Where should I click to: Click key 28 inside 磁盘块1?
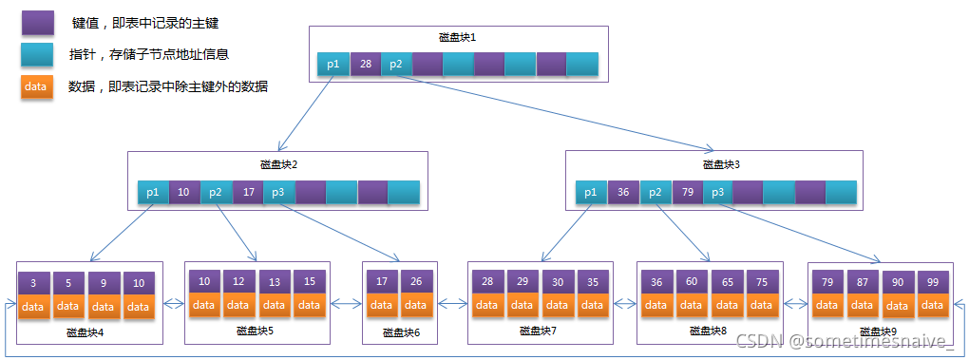click(365, 65)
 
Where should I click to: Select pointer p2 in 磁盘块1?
click(396, 65)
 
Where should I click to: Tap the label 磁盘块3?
click(721, 164)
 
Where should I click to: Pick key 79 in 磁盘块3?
click(686, 193)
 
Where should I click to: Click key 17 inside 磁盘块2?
click(247, 192)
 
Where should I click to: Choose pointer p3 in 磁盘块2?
click(278, 192)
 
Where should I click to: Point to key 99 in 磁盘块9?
click(933, 283)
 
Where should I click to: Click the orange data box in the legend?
click(37, 86)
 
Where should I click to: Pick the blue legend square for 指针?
click(37, 54)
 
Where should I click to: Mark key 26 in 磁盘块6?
click(416, 282)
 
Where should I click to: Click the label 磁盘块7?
click(538, 332)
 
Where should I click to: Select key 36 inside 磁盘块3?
click(623, 193)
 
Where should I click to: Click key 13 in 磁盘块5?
click(275, 282)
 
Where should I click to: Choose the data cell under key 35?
click(593, 305)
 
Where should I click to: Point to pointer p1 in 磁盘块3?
click(591, 193)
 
